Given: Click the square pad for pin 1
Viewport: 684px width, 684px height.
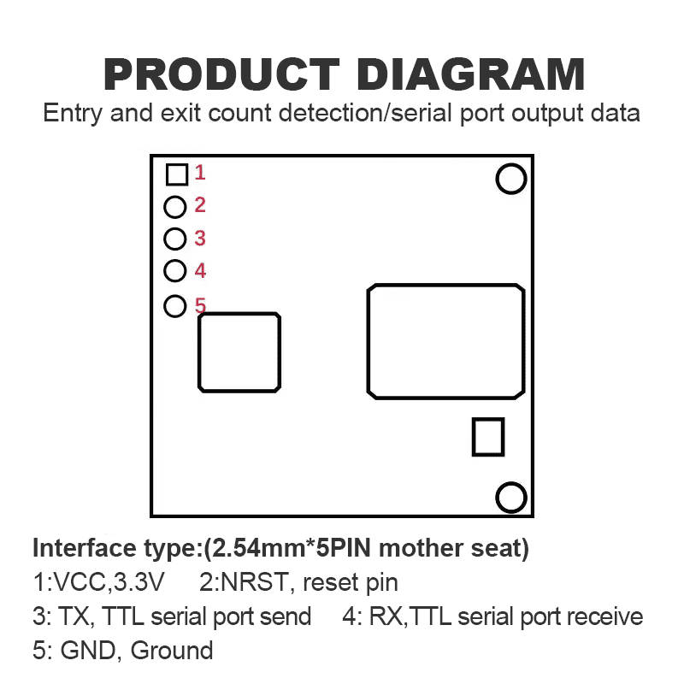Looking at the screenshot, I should click(177, 174).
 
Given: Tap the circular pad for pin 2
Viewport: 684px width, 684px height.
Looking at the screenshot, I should click(175, 206).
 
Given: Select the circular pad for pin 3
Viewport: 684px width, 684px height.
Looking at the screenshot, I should click(175, 239).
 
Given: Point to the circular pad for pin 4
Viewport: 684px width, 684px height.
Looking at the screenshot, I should click(175, 271).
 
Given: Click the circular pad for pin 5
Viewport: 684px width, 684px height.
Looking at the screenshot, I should click(175, 305).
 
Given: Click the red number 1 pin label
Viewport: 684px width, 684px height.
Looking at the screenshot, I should click(200, 173).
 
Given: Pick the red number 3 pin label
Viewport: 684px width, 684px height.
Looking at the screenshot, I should click(200, 239).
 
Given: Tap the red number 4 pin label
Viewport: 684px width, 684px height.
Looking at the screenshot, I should click(200, 271).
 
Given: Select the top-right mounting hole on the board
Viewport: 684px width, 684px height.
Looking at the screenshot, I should click(511, 179).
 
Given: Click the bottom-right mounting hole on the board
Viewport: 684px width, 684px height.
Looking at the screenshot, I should click(511, 497).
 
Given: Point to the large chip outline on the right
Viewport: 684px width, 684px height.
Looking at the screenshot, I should click(445, 341).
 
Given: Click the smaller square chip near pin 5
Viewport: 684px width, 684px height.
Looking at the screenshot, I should click(239, 352).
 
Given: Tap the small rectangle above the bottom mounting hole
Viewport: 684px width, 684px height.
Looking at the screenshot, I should click(488, 437).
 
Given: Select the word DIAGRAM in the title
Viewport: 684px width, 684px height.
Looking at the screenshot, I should click(470, 74).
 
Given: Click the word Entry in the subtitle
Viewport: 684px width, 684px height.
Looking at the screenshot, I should click(74, 113).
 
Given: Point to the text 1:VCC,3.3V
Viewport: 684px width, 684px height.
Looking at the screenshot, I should click(98, 583).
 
